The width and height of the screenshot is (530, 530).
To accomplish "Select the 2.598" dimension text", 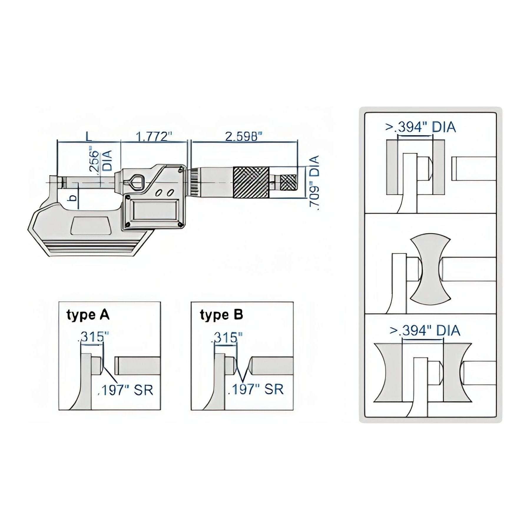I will pyautogui.click(x=244, y=137).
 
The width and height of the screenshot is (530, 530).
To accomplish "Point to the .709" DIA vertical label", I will pyautogui.click(x=314, y=183).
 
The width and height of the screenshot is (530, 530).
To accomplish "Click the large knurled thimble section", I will pyautogui.click(x=251, y=182).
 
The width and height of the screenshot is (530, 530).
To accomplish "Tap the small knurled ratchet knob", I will pyautogui.click(x=288, y=183).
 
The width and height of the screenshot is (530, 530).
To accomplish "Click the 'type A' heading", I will pyautogui.click(x=88, y=315).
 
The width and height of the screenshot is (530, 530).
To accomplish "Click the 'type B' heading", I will pyautogui.click(x=221, y=315).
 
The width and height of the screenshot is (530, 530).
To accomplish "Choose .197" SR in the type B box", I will pyautogui.click(x=256, y=389).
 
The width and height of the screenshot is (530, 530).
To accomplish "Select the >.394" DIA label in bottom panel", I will pyautogui.click(x=425, y=330).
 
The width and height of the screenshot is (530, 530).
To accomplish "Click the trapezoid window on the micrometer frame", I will pyautogui.click(x=91, y=226).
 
